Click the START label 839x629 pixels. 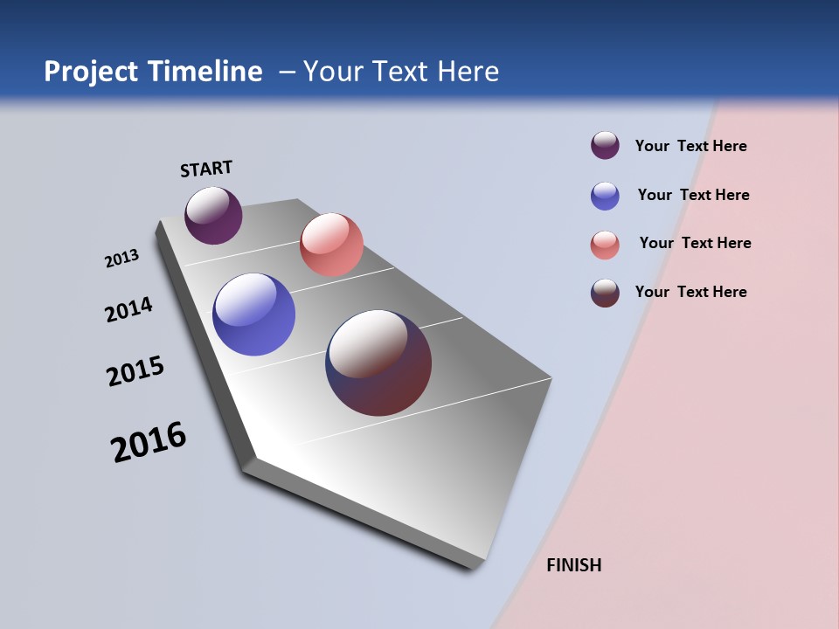(x=206, y=169)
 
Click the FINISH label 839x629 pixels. (x=573, y=565)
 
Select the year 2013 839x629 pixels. (x=121, y=259)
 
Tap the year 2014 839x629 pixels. (x=128, y=309)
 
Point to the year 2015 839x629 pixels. (x=135, y=371)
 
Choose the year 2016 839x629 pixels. (x=149, y=442)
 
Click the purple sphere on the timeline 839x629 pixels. (x=213, y=215)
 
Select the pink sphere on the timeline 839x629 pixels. (x=331, y=245)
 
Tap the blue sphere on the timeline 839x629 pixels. (x=253, y=314)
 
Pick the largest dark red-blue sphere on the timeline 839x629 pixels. (x=378, y=363)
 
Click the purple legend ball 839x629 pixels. (x=605, y=146)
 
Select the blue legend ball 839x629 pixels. (x=605, y=196)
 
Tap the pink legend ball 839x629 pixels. (x=605, y=245)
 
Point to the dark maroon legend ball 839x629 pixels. (x=605, y=293)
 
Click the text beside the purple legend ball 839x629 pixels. (x=690, y=146)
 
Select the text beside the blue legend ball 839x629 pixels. (x=693, y=195)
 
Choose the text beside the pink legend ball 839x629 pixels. (x=695, y=243)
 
